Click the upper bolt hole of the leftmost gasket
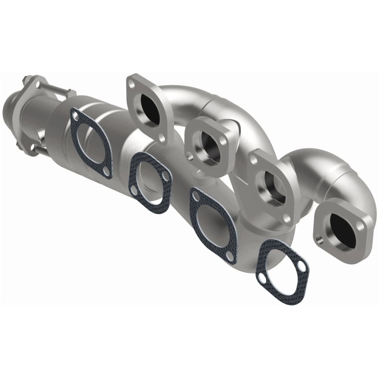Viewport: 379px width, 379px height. pyautogui.click(x=74, y=113)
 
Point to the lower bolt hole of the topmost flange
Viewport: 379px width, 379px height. pyautogui.click(x=162, y=138)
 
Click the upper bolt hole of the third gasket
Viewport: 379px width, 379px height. pyautogui.click(x=195, y=195)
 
